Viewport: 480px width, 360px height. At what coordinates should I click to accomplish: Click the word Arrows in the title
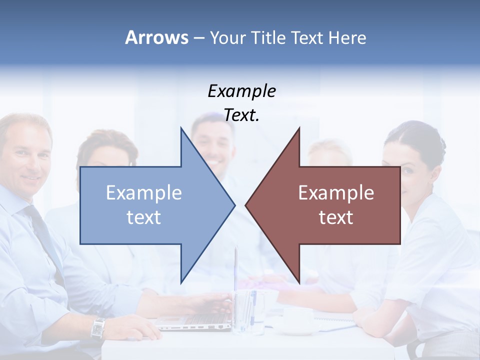(156, 37)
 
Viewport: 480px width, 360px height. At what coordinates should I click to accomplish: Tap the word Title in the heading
(268, 37)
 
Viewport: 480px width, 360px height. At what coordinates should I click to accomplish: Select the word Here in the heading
(347, 37)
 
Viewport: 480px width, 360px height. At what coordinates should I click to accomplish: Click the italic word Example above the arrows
(242, 91)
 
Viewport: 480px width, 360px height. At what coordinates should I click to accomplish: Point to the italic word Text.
(242, 115)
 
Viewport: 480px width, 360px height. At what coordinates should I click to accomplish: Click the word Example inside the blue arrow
(144, 193)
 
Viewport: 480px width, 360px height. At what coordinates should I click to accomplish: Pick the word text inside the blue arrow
(144, 217)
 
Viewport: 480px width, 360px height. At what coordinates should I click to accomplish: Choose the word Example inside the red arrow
(336, 193)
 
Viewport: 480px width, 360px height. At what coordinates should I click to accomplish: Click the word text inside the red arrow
(336, 217)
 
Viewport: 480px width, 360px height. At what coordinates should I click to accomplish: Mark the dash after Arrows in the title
(198, 38)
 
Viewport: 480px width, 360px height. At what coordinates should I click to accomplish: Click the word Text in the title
(307, 37)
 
